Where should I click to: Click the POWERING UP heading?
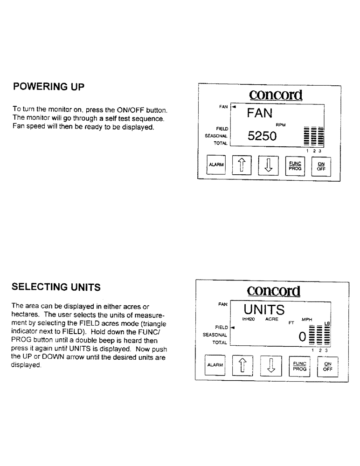[48, 87]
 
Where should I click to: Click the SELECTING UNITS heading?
[56, 288]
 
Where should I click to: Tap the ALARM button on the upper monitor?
[216, 165]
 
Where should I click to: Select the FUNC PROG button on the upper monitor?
[295, 165]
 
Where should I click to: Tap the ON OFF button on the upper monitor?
[321, 165]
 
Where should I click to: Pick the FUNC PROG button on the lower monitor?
[298, 365]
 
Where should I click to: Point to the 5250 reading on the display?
[262, 136]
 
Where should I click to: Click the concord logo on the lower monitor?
[274, 291]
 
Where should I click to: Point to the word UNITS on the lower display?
[264, 309]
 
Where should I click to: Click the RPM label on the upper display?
[280, 125]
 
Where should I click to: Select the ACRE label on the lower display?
[272, 319]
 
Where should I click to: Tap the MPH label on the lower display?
[307, 319]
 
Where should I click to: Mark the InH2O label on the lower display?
[248, 319]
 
